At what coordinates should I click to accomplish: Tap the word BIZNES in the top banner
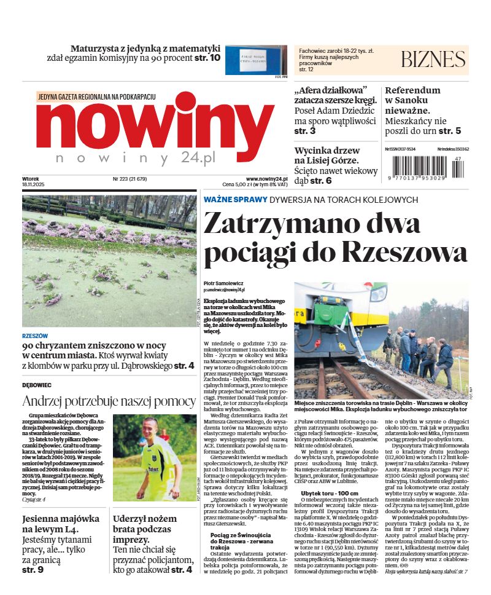(x=433, y=59)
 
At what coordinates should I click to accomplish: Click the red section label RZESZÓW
(x=35, y=336)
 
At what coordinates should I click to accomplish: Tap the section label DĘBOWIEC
(x=37, y=385)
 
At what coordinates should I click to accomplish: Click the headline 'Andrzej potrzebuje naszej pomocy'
(x=109, y=402)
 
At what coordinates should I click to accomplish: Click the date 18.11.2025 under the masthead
(x=35, y=185)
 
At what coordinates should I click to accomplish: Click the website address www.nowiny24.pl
(x=262, y=179)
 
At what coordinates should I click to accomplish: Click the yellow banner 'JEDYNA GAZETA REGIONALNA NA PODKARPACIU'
(x=96, y=97)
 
